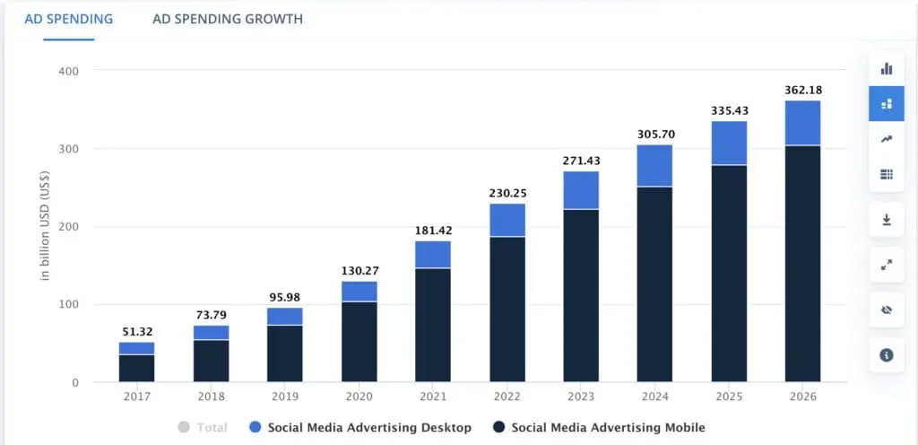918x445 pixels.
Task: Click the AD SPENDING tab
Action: tap(69, 19)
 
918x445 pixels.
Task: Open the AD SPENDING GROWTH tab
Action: tap(228, 19)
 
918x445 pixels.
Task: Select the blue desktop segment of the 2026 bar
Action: tap(802, 123)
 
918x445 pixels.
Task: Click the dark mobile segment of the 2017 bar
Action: tap(136, 368)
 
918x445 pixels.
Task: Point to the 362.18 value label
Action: tap(802, 90)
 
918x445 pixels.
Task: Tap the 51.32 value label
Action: tap(136, 332)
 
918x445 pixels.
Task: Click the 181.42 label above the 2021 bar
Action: tap(433, 231)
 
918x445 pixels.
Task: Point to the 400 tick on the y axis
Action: tap(69, 71)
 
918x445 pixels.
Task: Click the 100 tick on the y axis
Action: tap(69, 305)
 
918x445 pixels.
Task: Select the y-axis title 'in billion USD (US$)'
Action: tap(44, 226)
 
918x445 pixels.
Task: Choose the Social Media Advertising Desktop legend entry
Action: tap(360, 428)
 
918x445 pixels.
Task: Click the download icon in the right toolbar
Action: tap(887, 220)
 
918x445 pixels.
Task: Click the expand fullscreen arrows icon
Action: tap(887, 265)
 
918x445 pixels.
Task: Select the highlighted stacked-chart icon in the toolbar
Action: tap(887, 104)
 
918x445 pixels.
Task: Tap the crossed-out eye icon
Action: tap(887, 310)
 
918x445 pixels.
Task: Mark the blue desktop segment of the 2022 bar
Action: tap(507, 221)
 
